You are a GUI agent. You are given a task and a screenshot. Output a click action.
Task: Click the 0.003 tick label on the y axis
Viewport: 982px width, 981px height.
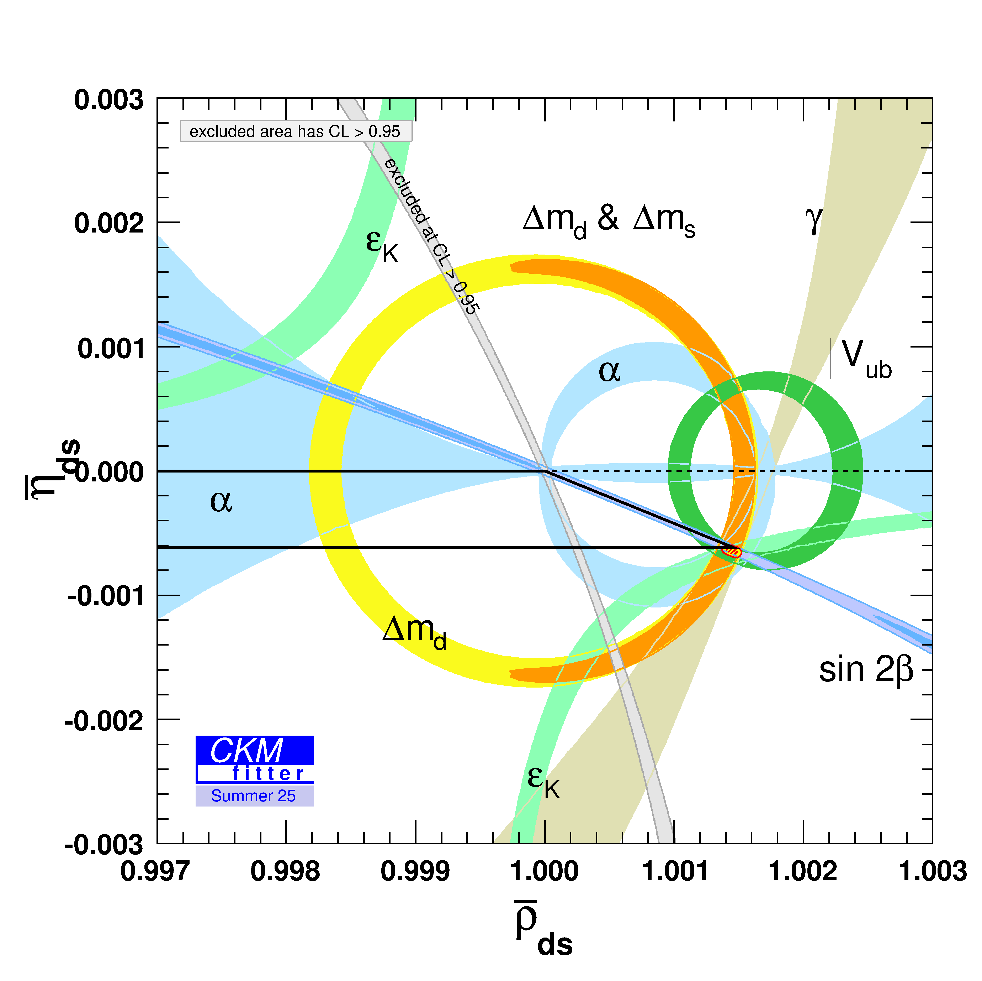pos(109,100)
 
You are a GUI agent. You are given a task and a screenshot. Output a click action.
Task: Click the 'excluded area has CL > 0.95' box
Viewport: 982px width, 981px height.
pos(296,132)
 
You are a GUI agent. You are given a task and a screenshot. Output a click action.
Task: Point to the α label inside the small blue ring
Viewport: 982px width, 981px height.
pos(609,371)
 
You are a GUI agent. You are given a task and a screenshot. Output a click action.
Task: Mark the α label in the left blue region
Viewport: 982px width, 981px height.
pos(221,501)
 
